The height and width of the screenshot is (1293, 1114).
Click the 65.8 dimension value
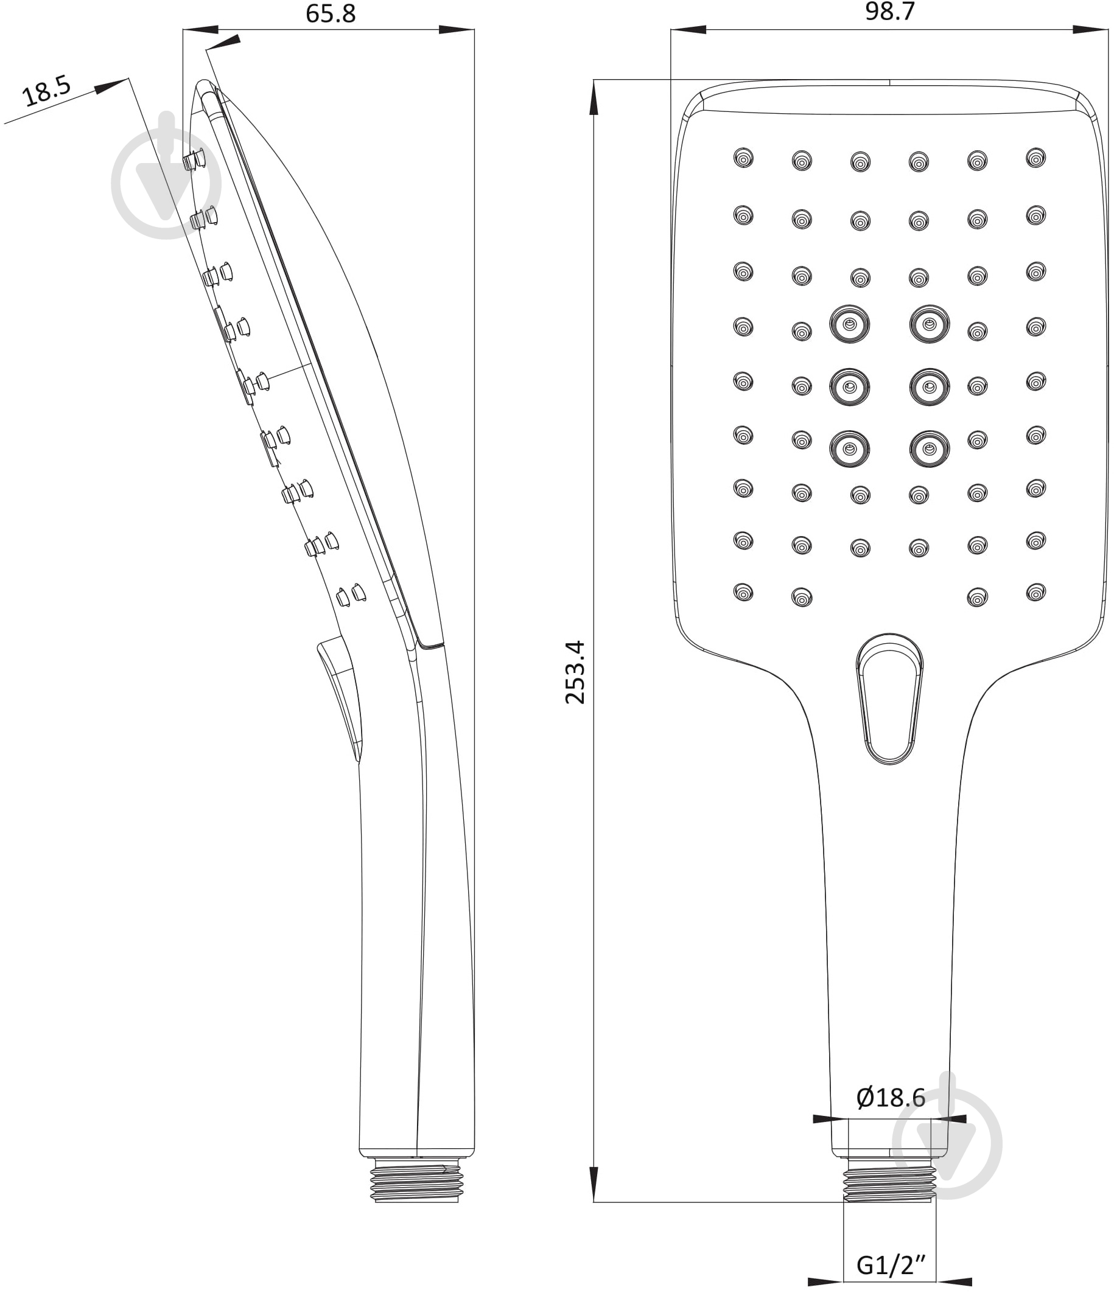331,13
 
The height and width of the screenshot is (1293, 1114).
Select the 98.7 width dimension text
889,11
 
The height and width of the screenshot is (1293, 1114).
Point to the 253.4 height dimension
575,672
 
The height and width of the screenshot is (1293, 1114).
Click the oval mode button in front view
889,699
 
